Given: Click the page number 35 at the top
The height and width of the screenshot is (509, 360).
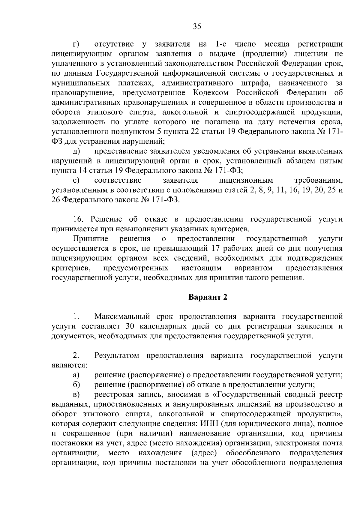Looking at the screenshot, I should coord(197,27).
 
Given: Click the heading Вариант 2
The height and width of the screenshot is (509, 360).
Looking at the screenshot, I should coord(208,297).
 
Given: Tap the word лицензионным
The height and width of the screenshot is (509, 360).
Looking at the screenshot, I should coord(246,180).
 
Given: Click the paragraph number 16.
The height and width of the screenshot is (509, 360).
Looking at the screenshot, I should coord(77,219).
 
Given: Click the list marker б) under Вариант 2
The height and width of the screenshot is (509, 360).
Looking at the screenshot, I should coord(76,385).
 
